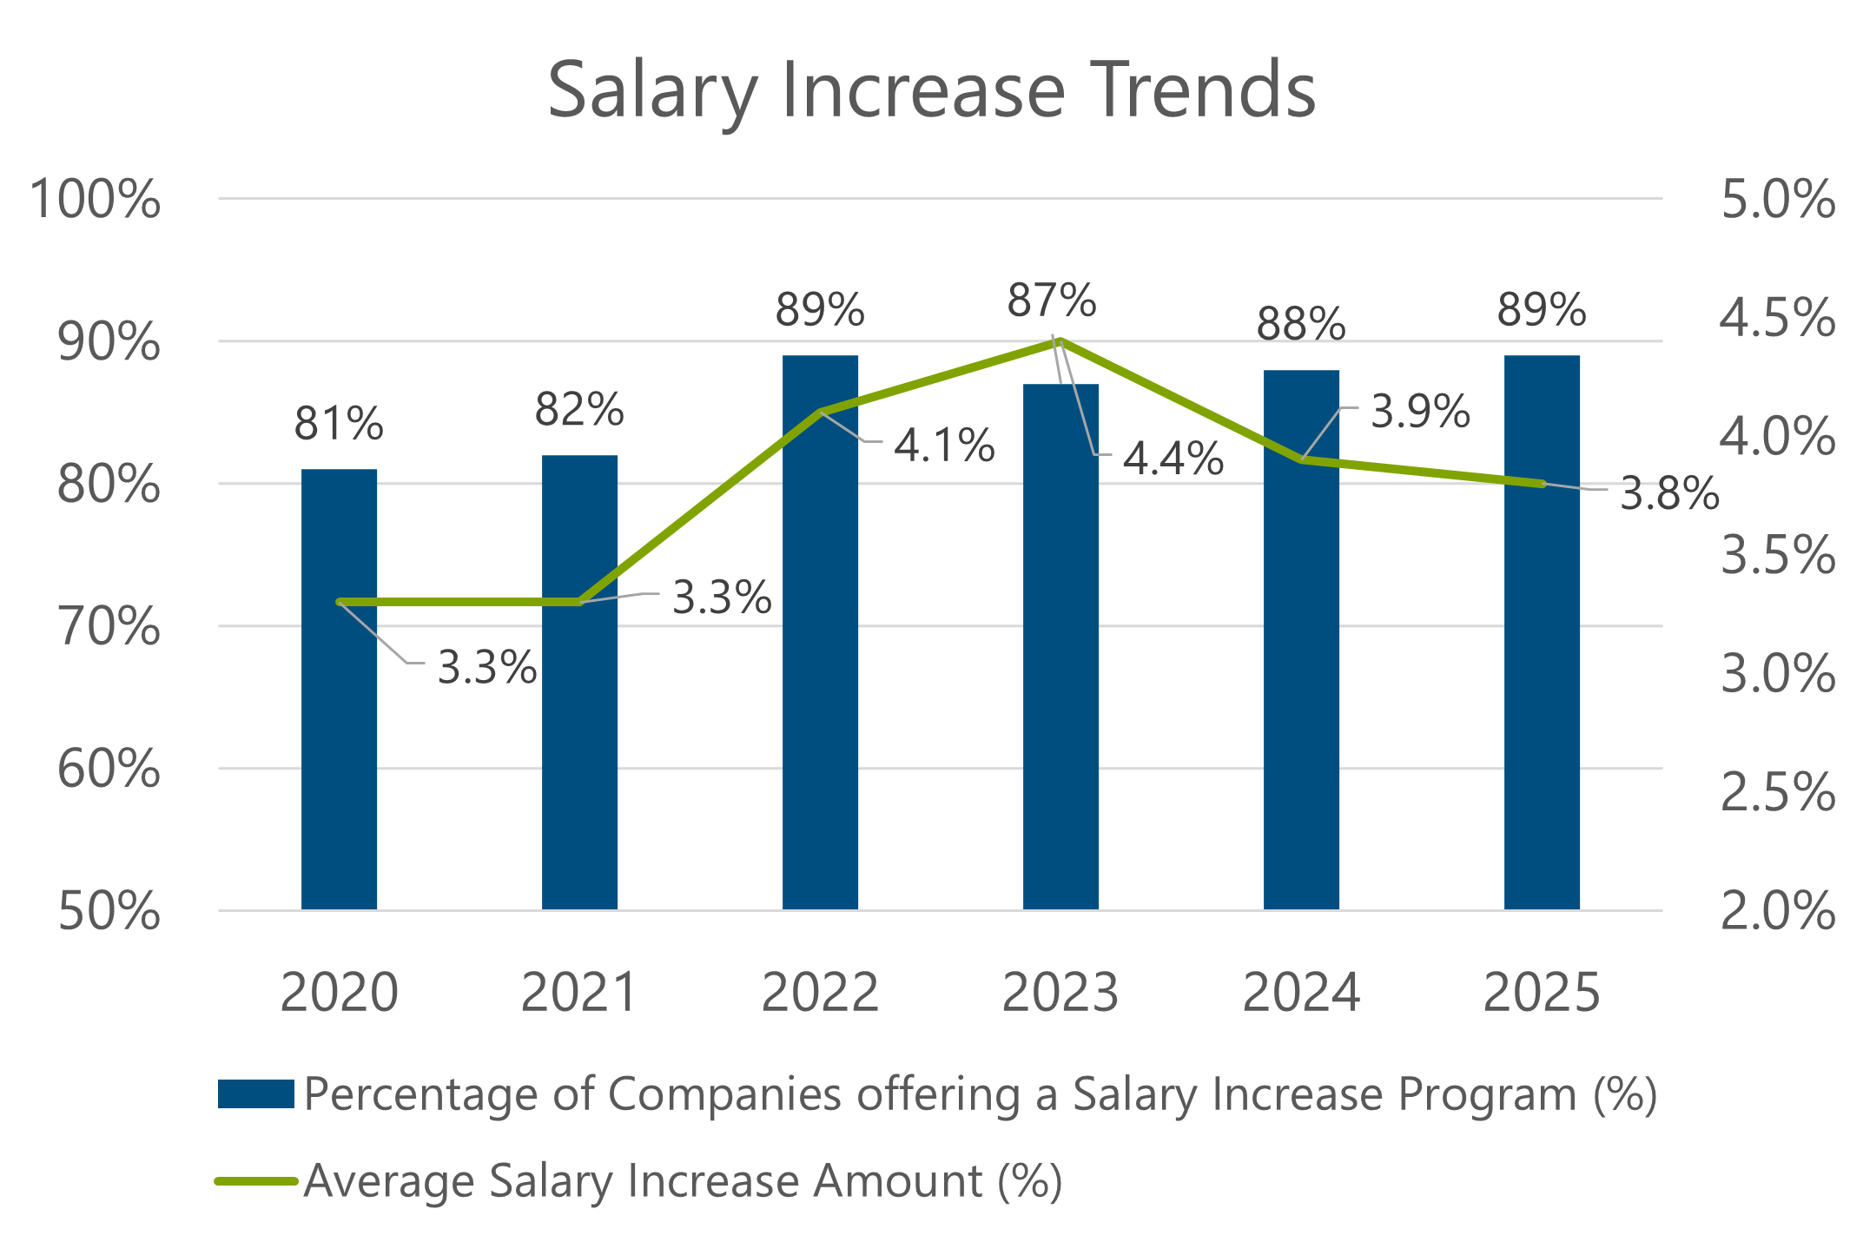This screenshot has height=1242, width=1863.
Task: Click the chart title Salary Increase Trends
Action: [931, 90]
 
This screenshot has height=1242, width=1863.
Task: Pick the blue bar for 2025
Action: [1542, 695]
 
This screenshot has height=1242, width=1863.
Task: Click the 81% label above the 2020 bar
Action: [339, 425]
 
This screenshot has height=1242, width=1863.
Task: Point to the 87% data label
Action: [1052, 301]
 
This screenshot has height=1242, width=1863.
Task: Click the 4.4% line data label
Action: [1173, 459]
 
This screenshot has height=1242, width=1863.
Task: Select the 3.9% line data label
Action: [1420, 412]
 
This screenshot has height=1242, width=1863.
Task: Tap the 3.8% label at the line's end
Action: [1669, 494]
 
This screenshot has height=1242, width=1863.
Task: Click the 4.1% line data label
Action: [944, 446]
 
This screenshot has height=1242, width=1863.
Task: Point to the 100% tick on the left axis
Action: [96, 200]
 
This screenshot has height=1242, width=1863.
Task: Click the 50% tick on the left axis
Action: [109, 912]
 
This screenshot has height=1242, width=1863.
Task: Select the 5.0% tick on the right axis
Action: [1778, 200]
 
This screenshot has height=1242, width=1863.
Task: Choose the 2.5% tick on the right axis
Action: [1778, 793]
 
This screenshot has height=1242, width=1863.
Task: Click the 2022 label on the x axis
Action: [820, 992]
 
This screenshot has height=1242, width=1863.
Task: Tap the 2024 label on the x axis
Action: [1301, 992]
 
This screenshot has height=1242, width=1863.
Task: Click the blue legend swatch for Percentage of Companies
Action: [256, 1094]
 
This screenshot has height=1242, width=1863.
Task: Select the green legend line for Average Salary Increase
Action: [256, 1181]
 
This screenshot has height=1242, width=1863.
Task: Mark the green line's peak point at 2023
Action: [1060, 341]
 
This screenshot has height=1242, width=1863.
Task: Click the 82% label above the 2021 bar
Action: [579, 410]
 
